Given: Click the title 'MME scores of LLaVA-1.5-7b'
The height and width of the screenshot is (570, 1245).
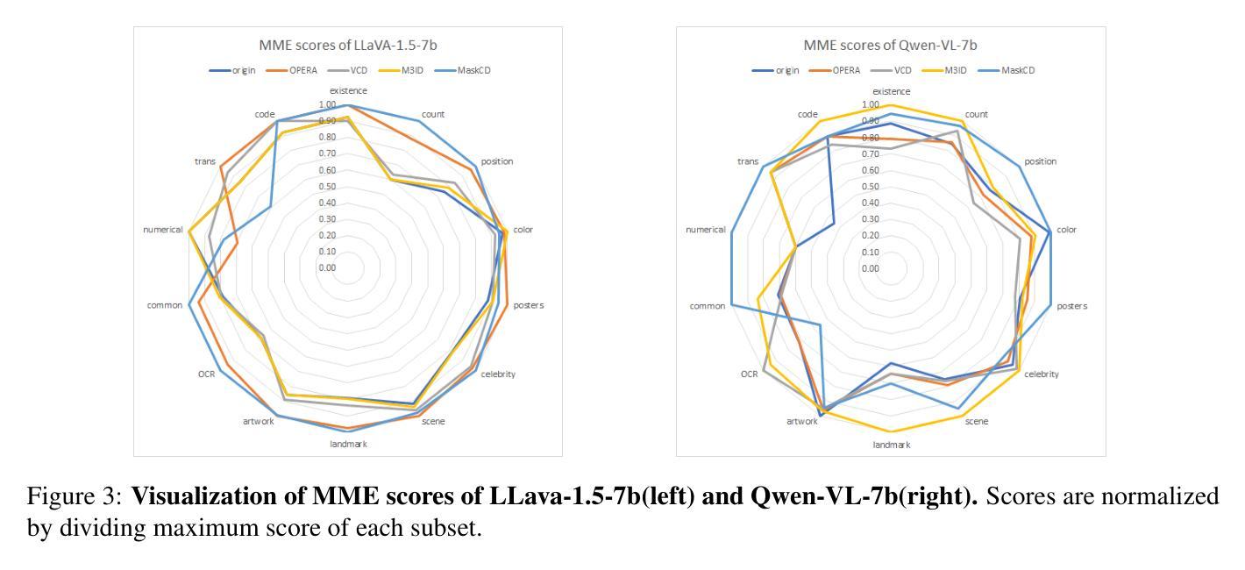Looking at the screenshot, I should [347, 45].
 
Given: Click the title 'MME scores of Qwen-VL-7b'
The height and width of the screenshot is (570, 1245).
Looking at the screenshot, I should [890, 45].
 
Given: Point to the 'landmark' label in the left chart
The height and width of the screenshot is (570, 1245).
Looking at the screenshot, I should [348, 445].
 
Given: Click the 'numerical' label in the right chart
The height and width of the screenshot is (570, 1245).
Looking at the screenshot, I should [706, 230].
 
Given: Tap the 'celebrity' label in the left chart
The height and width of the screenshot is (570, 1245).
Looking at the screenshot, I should [498, 374].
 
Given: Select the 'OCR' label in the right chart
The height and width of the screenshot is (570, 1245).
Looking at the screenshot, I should [749, 374].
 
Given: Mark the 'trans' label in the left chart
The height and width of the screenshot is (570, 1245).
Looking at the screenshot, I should [205, 161].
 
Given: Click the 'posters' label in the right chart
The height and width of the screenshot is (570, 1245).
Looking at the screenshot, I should [1071, 306].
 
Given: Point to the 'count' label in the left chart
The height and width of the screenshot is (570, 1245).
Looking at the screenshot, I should [433, 115].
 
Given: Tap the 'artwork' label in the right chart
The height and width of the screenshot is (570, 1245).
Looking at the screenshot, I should [801, 421].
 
